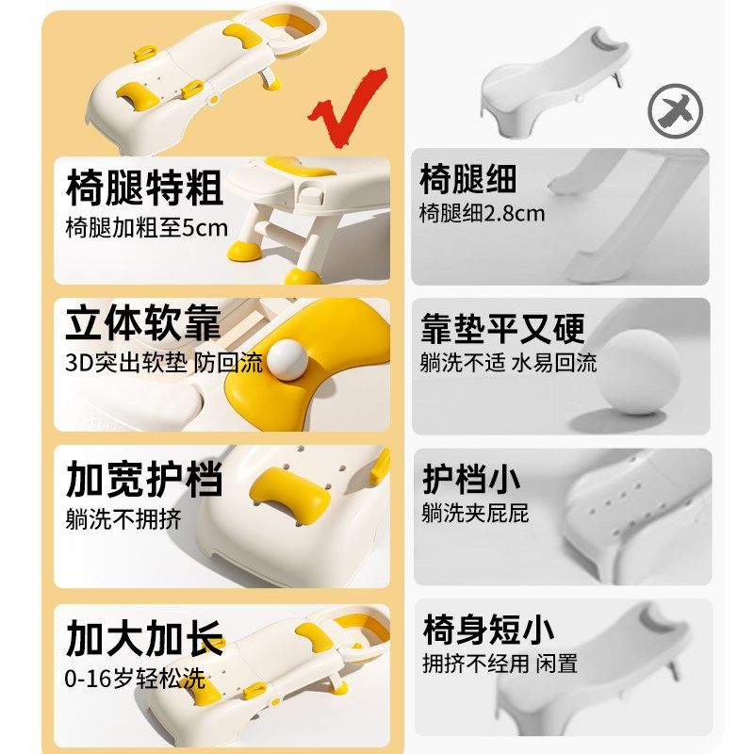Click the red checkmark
pos(347,105)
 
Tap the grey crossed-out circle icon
pos(675,109)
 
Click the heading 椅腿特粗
pos(144,187)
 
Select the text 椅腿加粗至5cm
pos(147,228)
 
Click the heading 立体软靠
pos(144,323)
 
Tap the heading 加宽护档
pos(144,479)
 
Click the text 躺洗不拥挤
pos(123,518)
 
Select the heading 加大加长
pos(144,638)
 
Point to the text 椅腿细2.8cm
pos(483,213)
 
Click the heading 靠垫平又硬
pos(502,329)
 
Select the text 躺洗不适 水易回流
pos(508,363)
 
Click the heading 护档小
pos(470,479)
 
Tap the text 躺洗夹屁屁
pos(475,514)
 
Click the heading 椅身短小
pos(487,629)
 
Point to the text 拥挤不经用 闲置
pos(500,664)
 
